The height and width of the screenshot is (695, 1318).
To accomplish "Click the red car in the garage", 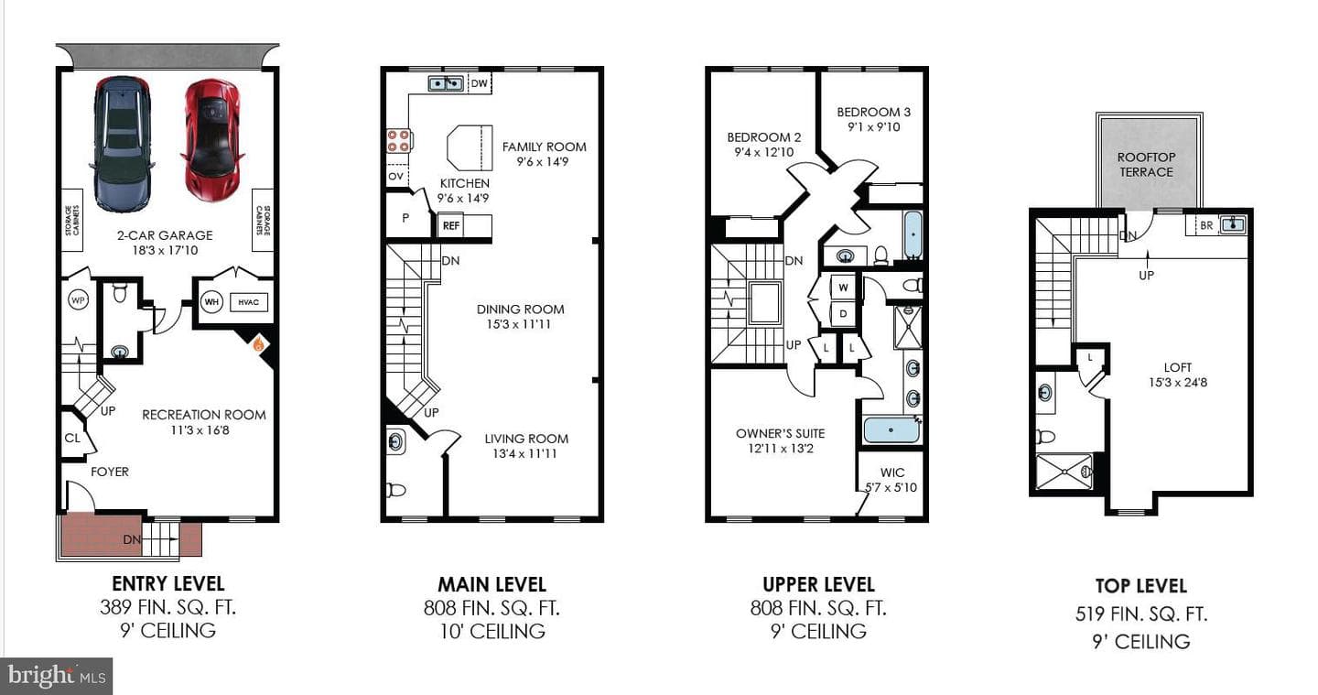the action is [x=212, y=140].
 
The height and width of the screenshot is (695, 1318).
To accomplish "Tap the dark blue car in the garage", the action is [x=123, y=144].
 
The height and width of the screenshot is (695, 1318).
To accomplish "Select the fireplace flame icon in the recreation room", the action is [x=258, y=343].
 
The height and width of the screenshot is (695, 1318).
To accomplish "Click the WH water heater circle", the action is [x=211, y=302].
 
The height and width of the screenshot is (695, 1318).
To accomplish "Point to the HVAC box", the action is [x=248, y=302].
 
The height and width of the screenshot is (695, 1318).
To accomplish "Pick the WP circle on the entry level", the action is [x=78, y=300].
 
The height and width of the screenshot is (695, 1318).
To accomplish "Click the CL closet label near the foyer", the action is [x=72, y=438].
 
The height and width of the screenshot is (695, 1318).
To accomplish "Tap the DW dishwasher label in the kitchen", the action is [x=480, y=83].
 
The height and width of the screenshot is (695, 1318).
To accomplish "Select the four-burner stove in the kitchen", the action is [x=398, y=141].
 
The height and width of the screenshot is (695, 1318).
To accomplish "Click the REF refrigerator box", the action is [x=450, y=225].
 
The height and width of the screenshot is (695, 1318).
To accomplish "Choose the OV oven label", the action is [x=396, y=176].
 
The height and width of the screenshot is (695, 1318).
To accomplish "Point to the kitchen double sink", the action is [x=446, y=83].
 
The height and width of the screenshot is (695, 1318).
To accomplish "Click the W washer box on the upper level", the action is [x=843, y=288].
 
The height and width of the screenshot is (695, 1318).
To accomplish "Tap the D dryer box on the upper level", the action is [x=843, y=314].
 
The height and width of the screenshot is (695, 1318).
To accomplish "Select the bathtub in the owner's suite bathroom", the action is [x=891, y=429].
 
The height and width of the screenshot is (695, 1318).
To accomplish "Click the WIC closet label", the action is [x=892, y=472].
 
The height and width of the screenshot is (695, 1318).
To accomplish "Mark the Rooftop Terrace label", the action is [x=1146, y=165].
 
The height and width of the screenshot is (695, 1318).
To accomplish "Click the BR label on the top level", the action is [x=1206, y=225].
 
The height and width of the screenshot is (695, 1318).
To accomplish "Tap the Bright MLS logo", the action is [x=57, y=676].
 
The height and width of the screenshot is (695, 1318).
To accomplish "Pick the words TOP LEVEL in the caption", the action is [x=1140, y=586].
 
